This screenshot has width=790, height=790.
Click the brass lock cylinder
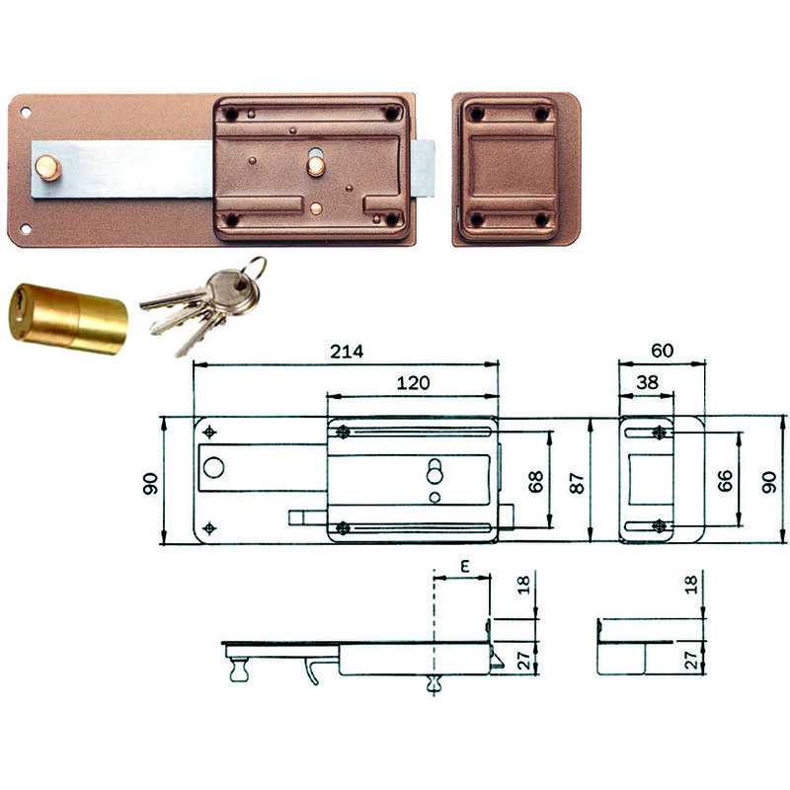point(68,318)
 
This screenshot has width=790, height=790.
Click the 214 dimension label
point(347,352)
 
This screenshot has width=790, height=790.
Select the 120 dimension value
point(413,383)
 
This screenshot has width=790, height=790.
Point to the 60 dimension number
point(662,351)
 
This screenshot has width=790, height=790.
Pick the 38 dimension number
point(647,382)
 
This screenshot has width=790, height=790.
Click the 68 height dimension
point(535,481)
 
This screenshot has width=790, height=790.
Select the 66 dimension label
point(725,481)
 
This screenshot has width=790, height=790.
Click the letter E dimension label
point(465,567)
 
